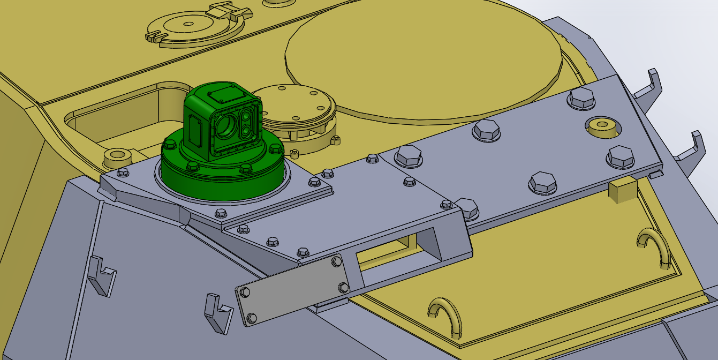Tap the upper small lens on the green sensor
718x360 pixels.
click(247, 116)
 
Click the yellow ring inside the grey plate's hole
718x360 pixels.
click(601, 126)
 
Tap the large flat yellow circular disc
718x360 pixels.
click(423, 59)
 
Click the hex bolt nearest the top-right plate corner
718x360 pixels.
click(581, 98)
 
